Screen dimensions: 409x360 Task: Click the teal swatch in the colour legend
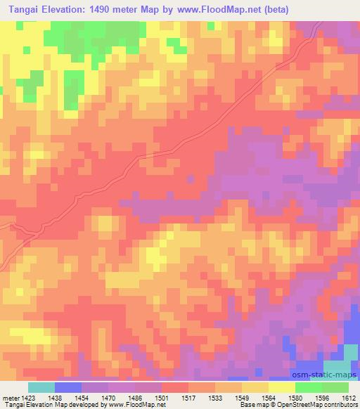[x=41, y=387]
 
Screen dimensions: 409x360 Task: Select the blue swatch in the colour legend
[x=68, y=387]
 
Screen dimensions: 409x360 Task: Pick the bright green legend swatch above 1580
[x=308, y=387]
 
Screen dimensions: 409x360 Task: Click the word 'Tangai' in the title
[x=20, y=9]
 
